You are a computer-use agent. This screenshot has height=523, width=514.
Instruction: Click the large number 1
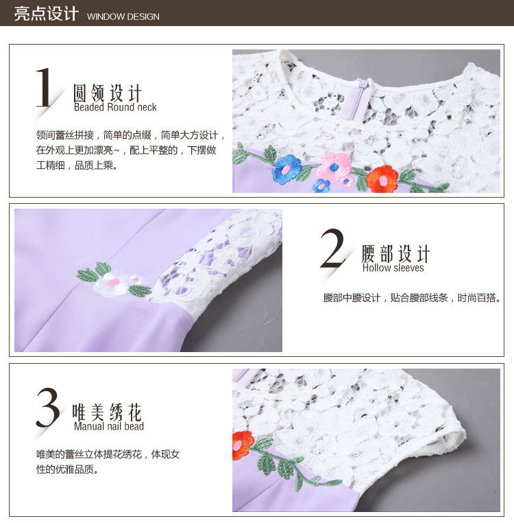(44, 87)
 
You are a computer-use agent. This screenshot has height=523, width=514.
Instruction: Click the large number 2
(332, 248)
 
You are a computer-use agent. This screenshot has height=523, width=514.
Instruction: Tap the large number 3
(48, 407)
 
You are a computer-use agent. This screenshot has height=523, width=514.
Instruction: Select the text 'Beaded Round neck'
(115, 107)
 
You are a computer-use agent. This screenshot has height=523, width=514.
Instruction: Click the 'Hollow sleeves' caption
(393, 268)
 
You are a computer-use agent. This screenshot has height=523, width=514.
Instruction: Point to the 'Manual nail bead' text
(109, 426)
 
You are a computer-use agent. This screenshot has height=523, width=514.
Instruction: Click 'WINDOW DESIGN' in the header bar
(123, 16)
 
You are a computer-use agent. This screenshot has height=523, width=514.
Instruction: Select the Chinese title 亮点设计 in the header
(47, 14)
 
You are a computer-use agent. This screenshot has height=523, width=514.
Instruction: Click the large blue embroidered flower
(286, 169)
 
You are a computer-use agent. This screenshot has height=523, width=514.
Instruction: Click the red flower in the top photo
(382, 179)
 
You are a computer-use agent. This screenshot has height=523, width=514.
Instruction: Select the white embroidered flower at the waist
(112, 285)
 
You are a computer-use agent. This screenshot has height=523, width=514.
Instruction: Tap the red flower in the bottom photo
(243, 445)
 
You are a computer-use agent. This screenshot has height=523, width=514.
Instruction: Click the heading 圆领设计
(108, 93)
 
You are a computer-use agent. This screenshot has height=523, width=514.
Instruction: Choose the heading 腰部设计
(396, 253)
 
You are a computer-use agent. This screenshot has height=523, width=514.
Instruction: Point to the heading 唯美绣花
(108, 412)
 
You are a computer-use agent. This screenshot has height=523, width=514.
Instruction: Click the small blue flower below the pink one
(321, 185)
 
